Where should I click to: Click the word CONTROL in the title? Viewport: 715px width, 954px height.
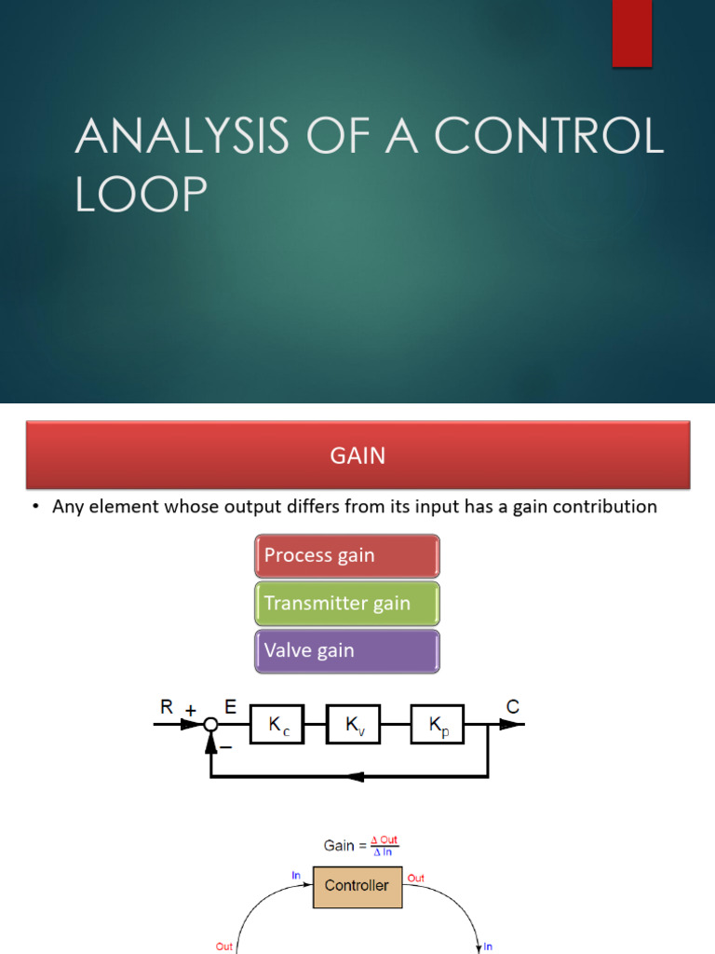pos(550,138)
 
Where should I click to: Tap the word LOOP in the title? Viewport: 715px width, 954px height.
pos(142,195)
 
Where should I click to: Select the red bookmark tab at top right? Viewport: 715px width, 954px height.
pos(631,33)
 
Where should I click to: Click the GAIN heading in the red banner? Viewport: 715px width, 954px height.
pos(357,456)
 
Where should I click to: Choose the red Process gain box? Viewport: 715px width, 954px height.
pos(346,555)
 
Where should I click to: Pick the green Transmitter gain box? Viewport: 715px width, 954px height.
pos(346,603)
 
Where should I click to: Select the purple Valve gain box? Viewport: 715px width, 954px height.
pos(346,650)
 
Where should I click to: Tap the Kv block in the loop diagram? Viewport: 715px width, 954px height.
pos(353,725)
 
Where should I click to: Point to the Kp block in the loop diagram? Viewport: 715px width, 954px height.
pos(437,725)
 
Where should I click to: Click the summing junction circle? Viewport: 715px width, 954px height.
pos(211,725)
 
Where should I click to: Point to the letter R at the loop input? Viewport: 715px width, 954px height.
pos(167,707)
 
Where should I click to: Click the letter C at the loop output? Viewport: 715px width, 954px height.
pos(512,707)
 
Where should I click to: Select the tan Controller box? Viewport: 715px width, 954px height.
pos(357,885)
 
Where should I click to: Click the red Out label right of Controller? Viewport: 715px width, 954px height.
pos(415,878)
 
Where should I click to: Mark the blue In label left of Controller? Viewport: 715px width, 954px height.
pos(297,876)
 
